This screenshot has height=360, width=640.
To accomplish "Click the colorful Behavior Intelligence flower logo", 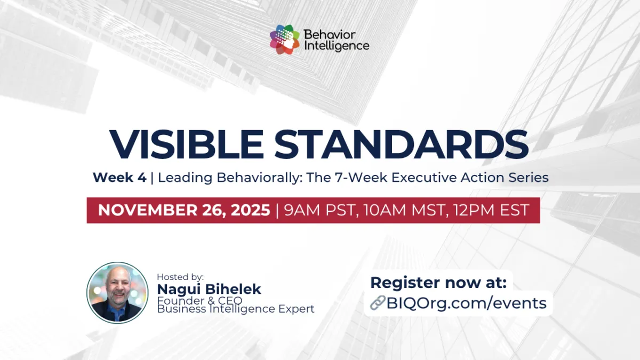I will pyautogui.click(x=285, y=40).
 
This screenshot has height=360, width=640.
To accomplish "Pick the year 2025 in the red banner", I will pyautogui.click(x=250, y=210).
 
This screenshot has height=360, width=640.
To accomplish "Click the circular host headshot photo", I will pyautogui.click(x=117, y=293).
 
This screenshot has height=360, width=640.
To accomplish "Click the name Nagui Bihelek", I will pyautogui.click(x=209, y=289).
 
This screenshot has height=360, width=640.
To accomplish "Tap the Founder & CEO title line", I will pyautogui.click(x=199, y=300).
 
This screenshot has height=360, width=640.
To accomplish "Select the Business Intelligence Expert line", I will pyautogui.click(x=236, y=309).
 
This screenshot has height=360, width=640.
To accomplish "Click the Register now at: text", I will pyautogui.click(x=438, y=283).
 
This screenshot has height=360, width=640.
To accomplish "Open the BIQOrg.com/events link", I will pyautogui.click(x=466, y=303).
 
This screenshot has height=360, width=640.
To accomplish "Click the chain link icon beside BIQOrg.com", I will pyautogui.click(x=377, y=303).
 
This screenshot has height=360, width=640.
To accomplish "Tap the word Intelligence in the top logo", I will pyautogui.click(x=336, y=46).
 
